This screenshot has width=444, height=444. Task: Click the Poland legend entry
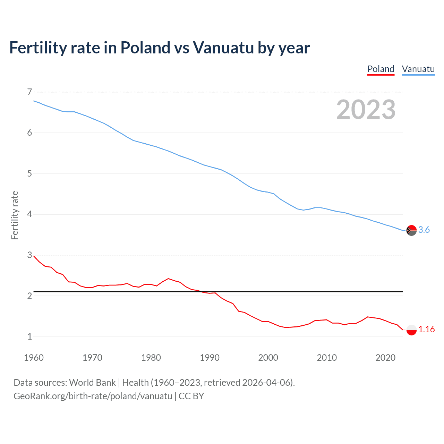pyautogui.click(x=381, y=69)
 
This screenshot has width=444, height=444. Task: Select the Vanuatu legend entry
pyautogui.click(x=418, y=69)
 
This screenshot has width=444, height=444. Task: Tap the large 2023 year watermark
pyautogui.click(x=366, y=110)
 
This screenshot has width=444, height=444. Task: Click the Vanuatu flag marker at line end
pyautogui.click(x=411, y=230)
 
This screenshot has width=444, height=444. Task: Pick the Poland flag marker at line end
pyautogui.click(x=411, y=330)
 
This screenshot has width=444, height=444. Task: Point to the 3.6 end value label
pyautogui.click(x=424, y=230)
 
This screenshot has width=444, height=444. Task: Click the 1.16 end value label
pyautogui.click(x=426, y=330)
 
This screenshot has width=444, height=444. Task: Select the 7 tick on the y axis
pyautogui.click(x=29, y=92)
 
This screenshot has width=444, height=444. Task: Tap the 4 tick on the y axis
pyautogui.click(x=29, y=214)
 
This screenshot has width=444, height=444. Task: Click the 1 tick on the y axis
pyautogui.click(x=29, y=336)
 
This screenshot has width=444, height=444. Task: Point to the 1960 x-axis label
pyautogui.click(x=34, y=358)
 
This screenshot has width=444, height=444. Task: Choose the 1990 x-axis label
pyautogui.click(x=210, y=358)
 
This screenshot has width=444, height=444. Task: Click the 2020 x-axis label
pyautogui.click(x=385, y=358)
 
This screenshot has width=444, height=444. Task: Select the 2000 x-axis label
pyautogui.click(x=268, y=358)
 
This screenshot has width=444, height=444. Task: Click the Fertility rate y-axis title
pyautogui.click(x=15, y=215)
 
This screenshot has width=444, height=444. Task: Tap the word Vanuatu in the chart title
pyautogui.click(x=223, y=48)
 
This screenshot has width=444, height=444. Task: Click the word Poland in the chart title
pyautogui.click(x=145, y=48)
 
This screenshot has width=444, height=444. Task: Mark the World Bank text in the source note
pyautogui.click(x=92, y=383)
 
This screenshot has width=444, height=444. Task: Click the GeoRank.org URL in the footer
pyautogui.click(x=93, y=396)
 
